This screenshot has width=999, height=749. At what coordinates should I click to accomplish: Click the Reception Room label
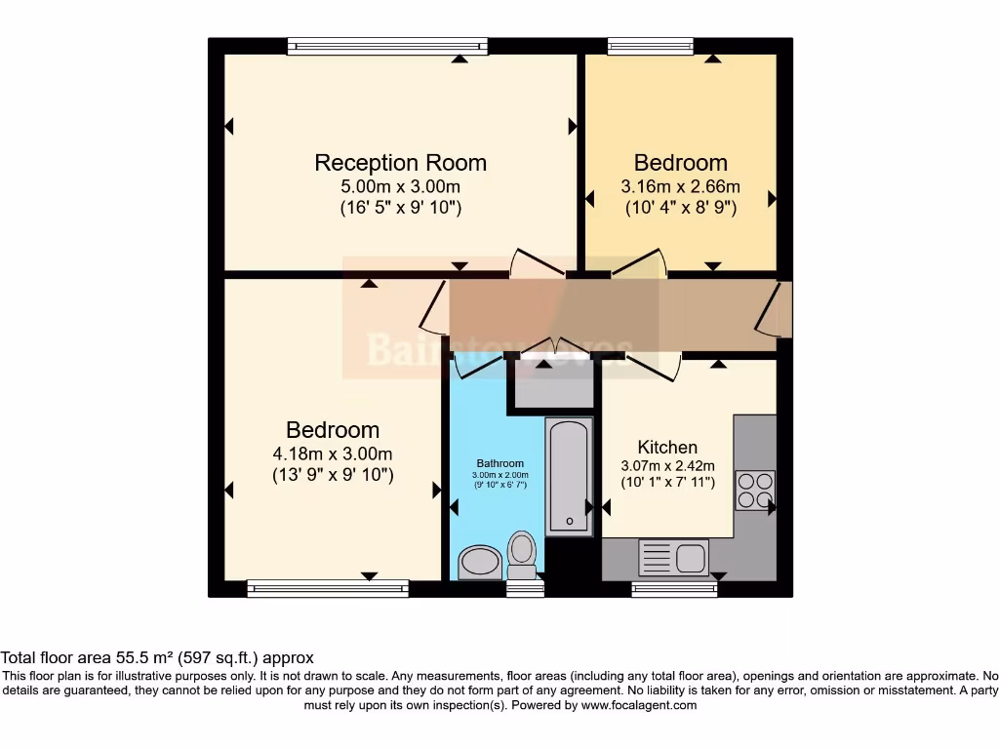click(x=400, y=163)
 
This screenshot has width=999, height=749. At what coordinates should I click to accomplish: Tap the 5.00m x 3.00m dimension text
click(x=400, y=186)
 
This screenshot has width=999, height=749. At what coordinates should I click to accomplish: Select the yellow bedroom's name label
click(x=680, y=163)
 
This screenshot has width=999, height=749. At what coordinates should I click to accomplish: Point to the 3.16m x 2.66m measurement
click(x=680, y=186)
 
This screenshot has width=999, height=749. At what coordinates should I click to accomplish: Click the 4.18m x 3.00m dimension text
click(x=333, y=453)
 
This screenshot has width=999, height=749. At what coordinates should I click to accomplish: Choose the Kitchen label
click(x=667, y=448)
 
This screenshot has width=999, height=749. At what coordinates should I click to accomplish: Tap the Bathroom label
click(x=499, y=463)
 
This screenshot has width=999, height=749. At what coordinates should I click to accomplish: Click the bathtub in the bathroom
click(x=569, y=476)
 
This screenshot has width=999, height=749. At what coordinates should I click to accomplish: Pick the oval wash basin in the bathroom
click(x=479, y=562)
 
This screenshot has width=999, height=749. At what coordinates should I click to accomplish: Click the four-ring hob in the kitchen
click(x=754, y=490)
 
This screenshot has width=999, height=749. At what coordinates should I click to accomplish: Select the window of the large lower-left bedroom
click(x=328, y=588)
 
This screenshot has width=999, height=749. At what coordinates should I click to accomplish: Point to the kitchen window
click(x=674, y=588)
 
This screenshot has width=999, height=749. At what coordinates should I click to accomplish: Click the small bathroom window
click(x=525, y=588)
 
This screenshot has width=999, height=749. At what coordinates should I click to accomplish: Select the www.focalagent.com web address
click(x=638, y=705)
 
